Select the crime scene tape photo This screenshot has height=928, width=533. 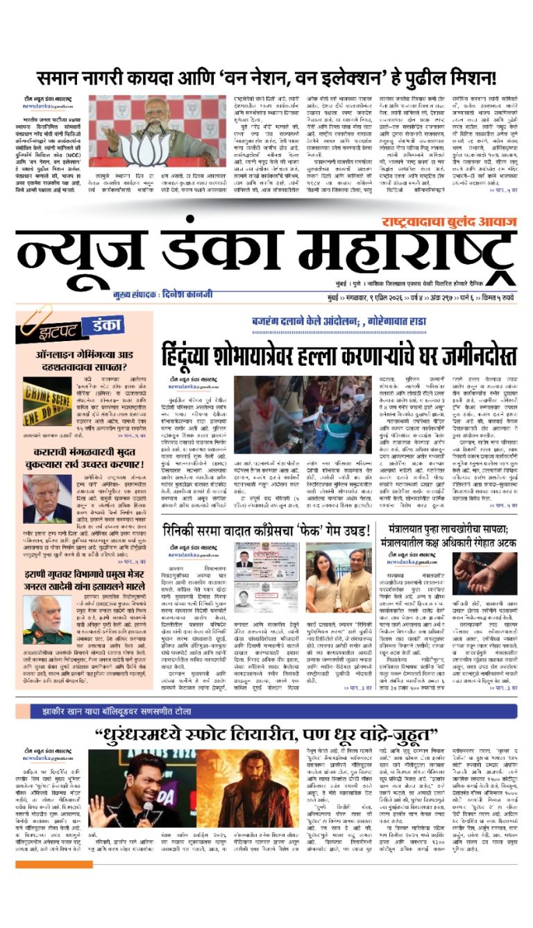46,401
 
